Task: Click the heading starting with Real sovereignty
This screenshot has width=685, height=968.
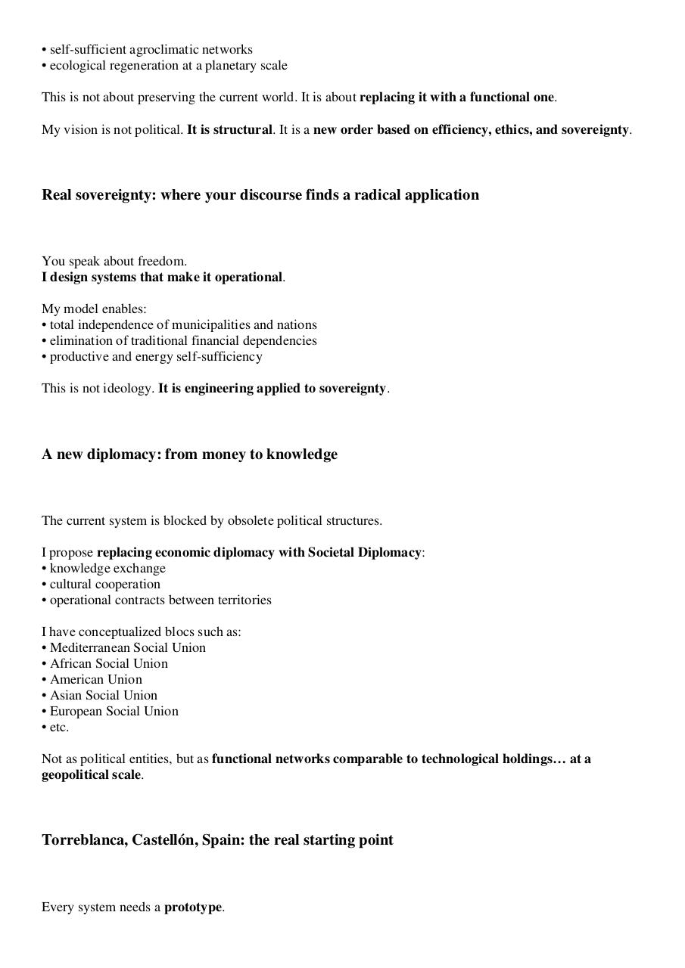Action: [x=260, y=195]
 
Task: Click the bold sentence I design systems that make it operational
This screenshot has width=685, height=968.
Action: [x=162, y=277]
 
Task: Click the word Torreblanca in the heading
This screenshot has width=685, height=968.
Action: [x=83, y=840]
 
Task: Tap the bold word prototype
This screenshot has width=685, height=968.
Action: [x=193, y=907]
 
